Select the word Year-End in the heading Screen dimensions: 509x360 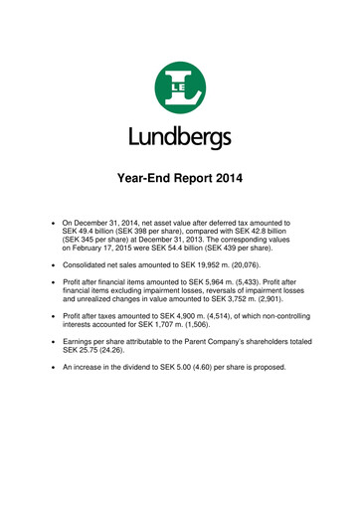[138, 180]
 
